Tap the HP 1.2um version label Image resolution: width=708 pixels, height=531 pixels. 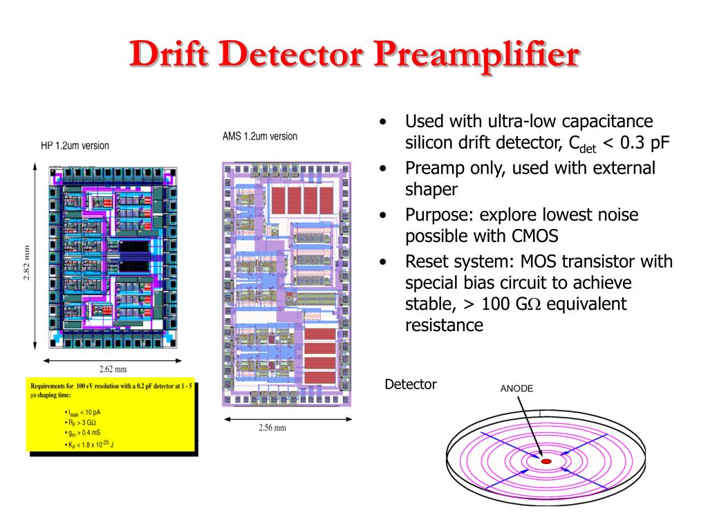(x=75, y=146)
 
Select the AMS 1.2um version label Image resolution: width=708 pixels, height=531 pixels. (x=260, y=136)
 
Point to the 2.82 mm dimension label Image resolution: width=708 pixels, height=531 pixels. (x=26, y=262)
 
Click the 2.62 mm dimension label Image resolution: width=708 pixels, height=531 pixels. (x=113, y=369)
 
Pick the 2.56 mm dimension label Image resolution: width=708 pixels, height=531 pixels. (x=272, y=427)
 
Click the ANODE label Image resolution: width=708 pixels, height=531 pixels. (x=516, y=389)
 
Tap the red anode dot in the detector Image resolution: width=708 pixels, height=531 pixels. (x=546, y=460)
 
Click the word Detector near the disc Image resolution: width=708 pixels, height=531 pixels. (x=410, y=384)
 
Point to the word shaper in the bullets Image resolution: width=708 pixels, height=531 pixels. (x=431, y=189)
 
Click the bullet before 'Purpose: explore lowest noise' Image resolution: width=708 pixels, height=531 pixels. (x=382, y=215)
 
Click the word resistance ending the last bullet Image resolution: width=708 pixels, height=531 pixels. (x=444, y=325)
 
